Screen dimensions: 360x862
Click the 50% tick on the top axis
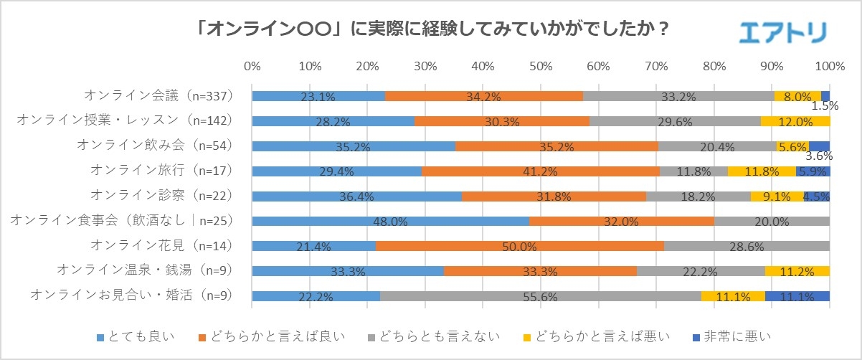pos(541,67)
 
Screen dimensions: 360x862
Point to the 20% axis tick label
pos(367,67)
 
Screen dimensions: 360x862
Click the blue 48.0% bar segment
pos(391,221)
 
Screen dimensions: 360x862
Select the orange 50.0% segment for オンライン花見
pos(520,246)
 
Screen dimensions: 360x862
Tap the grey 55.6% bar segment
pos(541,296)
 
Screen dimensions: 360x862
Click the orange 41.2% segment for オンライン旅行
pos(541,171)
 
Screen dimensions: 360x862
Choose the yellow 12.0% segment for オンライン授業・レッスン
pos(795,121)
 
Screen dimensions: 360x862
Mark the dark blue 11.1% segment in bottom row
pos(797,296)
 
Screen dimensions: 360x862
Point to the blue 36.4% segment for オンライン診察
pos(357,196)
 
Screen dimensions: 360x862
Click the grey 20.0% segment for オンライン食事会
pos(772,221)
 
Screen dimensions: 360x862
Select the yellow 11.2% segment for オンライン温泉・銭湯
pos(797,271)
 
